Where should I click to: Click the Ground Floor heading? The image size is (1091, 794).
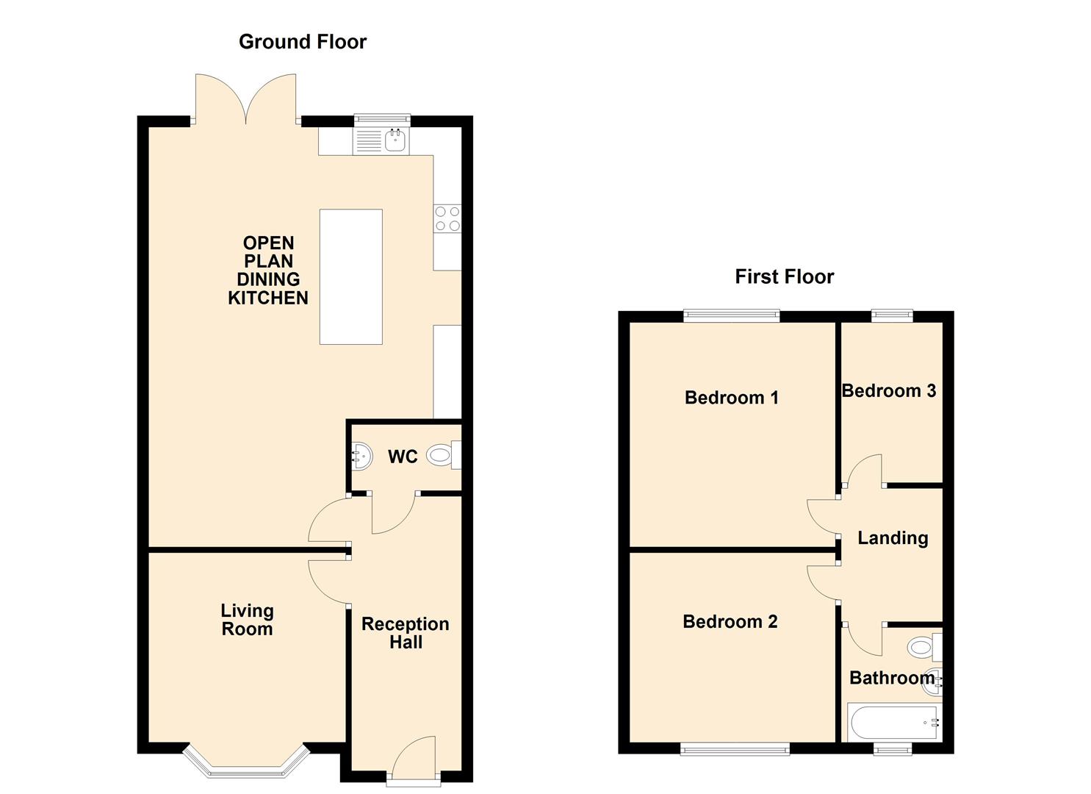pos(302,42)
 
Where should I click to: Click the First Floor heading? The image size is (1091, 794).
pos(784,277)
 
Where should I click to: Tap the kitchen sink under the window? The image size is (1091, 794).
pos(382,140)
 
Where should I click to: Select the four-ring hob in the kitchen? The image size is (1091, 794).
pos(447,218)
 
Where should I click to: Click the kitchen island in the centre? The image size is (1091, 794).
pos(350,276)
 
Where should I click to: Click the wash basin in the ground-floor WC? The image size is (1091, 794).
pos(361,457)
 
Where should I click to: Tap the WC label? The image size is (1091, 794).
pos(402,457)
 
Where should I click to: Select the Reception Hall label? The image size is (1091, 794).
pos(405,633)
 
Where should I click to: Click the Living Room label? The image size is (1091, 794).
pos(247,620)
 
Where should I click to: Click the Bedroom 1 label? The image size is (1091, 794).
pos(731,398)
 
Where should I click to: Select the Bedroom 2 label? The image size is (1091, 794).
pos(730,622)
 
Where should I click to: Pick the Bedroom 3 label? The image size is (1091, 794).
pos(888,391)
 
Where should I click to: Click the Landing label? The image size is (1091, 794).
pos(893,538)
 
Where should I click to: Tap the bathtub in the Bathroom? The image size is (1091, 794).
pos(893,723)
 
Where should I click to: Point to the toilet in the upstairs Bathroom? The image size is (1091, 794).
pos(921,647)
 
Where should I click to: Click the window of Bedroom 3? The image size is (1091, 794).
pos(892,316)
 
